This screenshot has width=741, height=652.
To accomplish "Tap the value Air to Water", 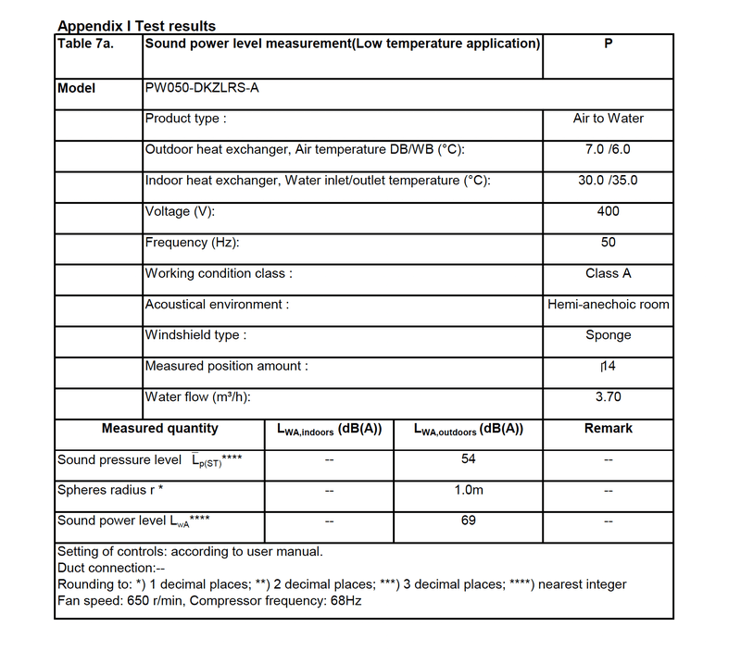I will coord(608,119).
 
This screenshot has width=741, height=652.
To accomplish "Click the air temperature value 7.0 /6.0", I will coord(608,150).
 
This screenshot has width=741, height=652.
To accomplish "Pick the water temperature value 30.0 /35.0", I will coord(608,181).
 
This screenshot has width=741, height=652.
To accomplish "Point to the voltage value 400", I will coord(608,211).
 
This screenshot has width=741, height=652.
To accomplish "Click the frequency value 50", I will coord(608,243).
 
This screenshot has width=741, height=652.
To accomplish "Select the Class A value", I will coord(608,274).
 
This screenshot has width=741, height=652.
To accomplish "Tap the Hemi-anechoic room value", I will coord(608,305).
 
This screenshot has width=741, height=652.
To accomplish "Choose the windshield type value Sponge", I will coord(608,335).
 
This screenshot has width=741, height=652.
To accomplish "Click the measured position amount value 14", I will coord(609,367).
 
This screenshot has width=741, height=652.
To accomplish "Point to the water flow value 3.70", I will coord(608,397).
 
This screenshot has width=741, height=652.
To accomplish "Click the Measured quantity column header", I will coord(160,428).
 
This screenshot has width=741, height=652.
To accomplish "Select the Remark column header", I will coord(608,428).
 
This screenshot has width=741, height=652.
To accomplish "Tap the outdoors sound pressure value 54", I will coord(468,459).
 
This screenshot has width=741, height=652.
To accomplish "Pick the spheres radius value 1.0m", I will coord(468,490).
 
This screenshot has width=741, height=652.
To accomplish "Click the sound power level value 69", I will coord(468,520).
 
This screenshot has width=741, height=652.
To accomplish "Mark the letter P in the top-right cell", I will coord(608,44).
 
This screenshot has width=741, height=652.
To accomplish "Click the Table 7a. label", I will coord(86,44).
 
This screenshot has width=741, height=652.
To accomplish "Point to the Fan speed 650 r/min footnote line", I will coord(209,601).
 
